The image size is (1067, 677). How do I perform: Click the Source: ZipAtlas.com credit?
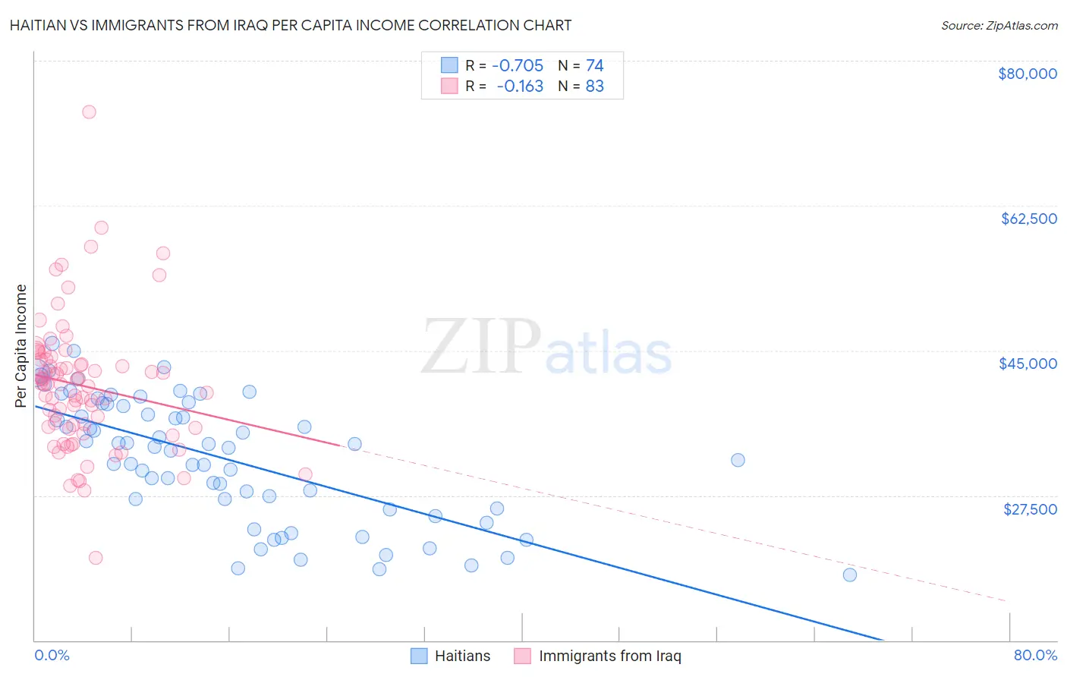point(999,25)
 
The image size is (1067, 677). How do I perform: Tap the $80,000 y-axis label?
point(1027,74)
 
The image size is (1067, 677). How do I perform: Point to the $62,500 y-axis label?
point(1028,219)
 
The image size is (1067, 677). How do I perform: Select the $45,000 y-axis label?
point(1028,364)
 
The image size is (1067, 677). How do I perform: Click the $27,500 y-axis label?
point(1030,509)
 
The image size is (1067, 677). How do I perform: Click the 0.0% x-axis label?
point(52,655)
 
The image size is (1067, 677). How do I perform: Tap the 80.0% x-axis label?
point(1035,655)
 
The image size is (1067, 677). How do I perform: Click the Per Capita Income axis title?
point(21,346)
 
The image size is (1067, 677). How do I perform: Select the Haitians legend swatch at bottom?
point(420,656)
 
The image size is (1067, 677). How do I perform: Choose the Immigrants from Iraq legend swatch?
point(522,656)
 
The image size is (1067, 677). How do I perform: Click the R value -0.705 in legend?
point(518,65)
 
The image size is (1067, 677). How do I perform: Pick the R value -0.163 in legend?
point(520,86)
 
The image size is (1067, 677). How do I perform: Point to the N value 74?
point(594,65)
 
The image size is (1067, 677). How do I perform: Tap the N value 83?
point(594,86)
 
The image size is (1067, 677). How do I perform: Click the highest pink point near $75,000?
point(89,112)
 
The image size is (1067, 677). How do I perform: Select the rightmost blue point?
point(849,575)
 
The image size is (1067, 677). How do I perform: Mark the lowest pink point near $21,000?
point(96,558)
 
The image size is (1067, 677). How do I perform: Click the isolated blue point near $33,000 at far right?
point(738,460)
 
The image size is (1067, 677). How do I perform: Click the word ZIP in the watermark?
point(480,347)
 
